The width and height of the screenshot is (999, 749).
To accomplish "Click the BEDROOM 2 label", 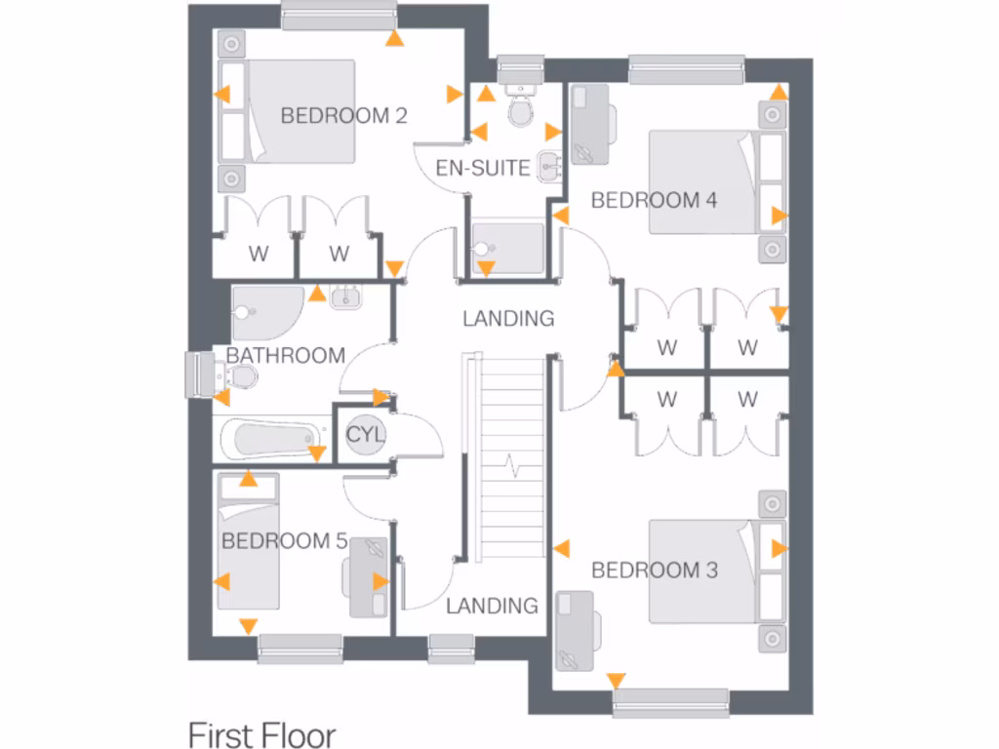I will tap(343, 115).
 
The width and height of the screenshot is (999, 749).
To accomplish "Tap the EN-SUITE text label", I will tap(483, 168).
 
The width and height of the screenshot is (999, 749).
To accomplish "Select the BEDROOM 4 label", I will tap(654, 200).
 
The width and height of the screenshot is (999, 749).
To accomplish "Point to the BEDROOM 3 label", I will tap(655, 570).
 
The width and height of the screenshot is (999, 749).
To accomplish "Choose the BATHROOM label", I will tap(285, 355).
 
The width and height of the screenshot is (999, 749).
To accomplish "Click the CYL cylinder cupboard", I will tap(366, 434).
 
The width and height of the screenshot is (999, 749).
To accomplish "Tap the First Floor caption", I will tap(261, 733).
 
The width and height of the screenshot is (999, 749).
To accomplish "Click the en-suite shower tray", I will tap(507, 244).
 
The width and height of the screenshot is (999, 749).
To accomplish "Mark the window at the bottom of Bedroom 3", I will tap(671, 702).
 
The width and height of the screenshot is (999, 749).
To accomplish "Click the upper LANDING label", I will tap(508, 318).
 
